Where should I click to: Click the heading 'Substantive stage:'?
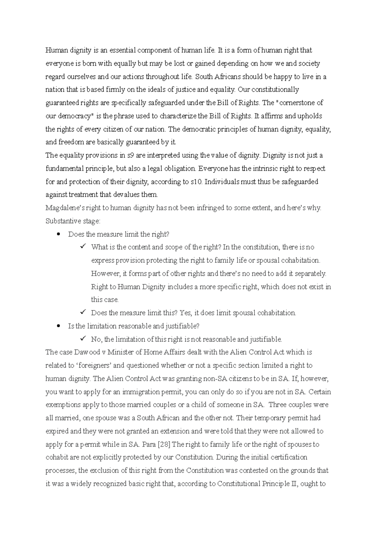coord(73,221)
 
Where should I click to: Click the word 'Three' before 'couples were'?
coord(278,405)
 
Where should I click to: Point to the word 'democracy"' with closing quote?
coord(74,116)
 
